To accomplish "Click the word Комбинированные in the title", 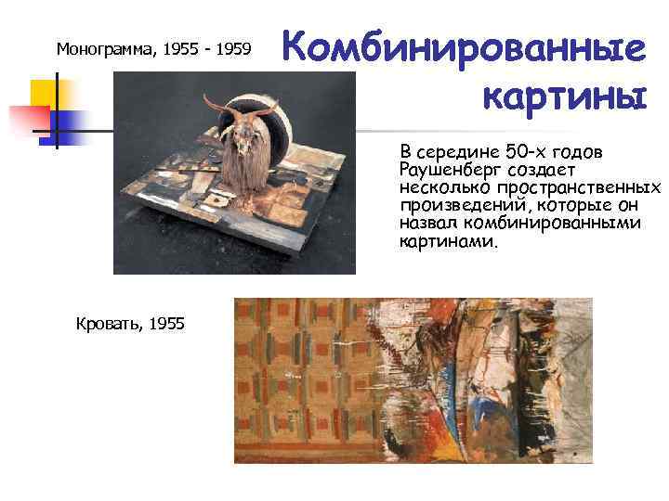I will tap(463, 48).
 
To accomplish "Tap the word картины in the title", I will tap(563, 94).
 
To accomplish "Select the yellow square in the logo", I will tap(44, 94).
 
